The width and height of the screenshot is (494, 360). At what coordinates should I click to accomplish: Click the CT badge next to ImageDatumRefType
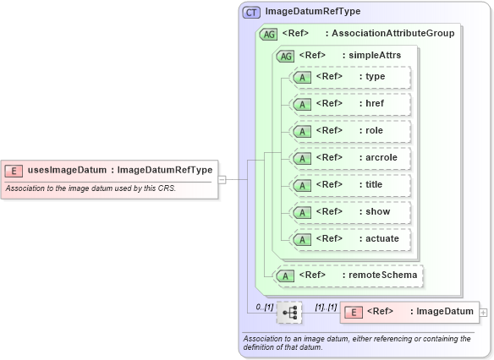251,12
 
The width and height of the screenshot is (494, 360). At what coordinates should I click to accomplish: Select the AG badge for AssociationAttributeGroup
268,34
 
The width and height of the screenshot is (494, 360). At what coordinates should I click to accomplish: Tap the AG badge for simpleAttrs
286,55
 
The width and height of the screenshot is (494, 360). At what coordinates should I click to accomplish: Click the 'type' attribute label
375,77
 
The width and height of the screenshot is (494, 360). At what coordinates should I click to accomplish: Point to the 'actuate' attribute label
381,239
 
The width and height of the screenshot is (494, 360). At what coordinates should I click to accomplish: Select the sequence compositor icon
289,312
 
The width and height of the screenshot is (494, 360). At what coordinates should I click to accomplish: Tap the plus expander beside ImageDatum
483,312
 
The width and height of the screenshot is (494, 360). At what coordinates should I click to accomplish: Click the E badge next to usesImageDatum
14,170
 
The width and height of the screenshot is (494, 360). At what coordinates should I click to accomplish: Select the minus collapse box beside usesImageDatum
222,179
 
